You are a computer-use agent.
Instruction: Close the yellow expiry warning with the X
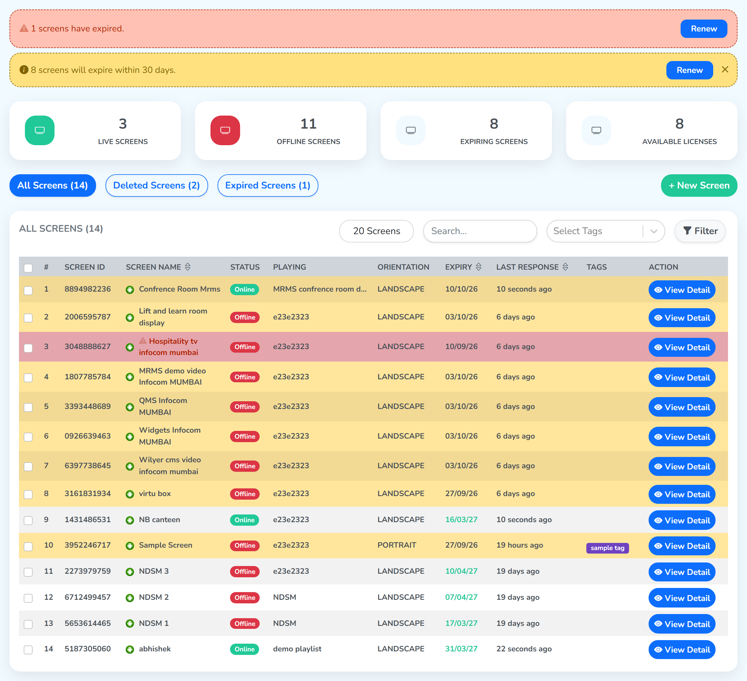coord(725,70)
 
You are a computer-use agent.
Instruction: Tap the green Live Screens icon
coord(40,130)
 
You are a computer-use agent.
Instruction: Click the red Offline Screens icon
coord(225,130)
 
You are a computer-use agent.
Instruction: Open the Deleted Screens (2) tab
coord(157,185)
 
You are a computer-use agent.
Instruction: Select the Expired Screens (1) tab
coord(267,185)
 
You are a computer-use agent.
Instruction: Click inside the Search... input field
coord(480,231)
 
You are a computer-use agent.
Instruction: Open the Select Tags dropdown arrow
coord(654,231)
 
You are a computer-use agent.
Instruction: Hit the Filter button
coord(700,231)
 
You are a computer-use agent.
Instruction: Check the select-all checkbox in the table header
coord(28,268)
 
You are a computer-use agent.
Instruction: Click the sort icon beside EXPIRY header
coord(478,267)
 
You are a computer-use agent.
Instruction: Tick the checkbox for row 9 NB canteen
coord(28,520)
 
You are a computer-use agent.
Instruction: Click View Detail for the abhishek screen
coord(682,650)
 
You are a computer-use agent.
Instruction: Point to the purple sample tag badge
coord(607,548)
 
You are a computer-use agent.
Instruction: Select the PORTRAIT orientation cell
coord(397,545)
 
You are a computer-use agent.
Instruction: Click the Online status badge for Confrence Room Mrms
coord(245,289)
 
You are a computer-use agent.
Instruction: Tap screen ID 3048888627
coord(87,346)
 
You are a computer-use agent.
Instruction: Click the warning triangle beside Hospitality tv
coord(143,340)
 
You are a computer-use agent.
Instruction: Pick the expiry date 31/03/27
coord(461,649)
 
